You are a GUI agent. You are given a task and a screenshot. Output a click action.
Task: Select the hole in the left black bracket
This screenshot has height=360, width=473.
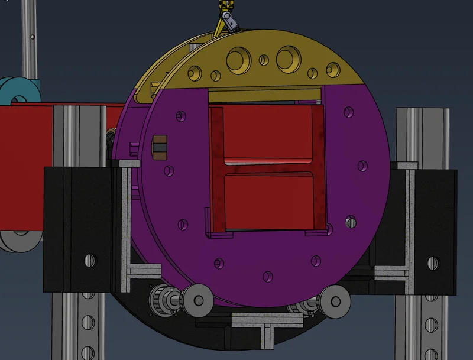coord(89,260)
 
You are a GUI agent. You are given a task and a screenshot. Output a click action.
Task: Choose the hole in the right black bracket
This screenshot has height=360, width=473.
coord(431,260)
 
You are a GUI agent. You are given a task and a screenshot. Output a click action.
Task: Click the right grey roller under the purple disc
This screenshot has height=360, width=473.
coord(336,300)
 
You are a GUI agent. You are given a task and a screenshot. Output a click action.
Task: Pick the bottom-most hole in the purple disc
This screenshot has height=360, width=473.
coord(268,276)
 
